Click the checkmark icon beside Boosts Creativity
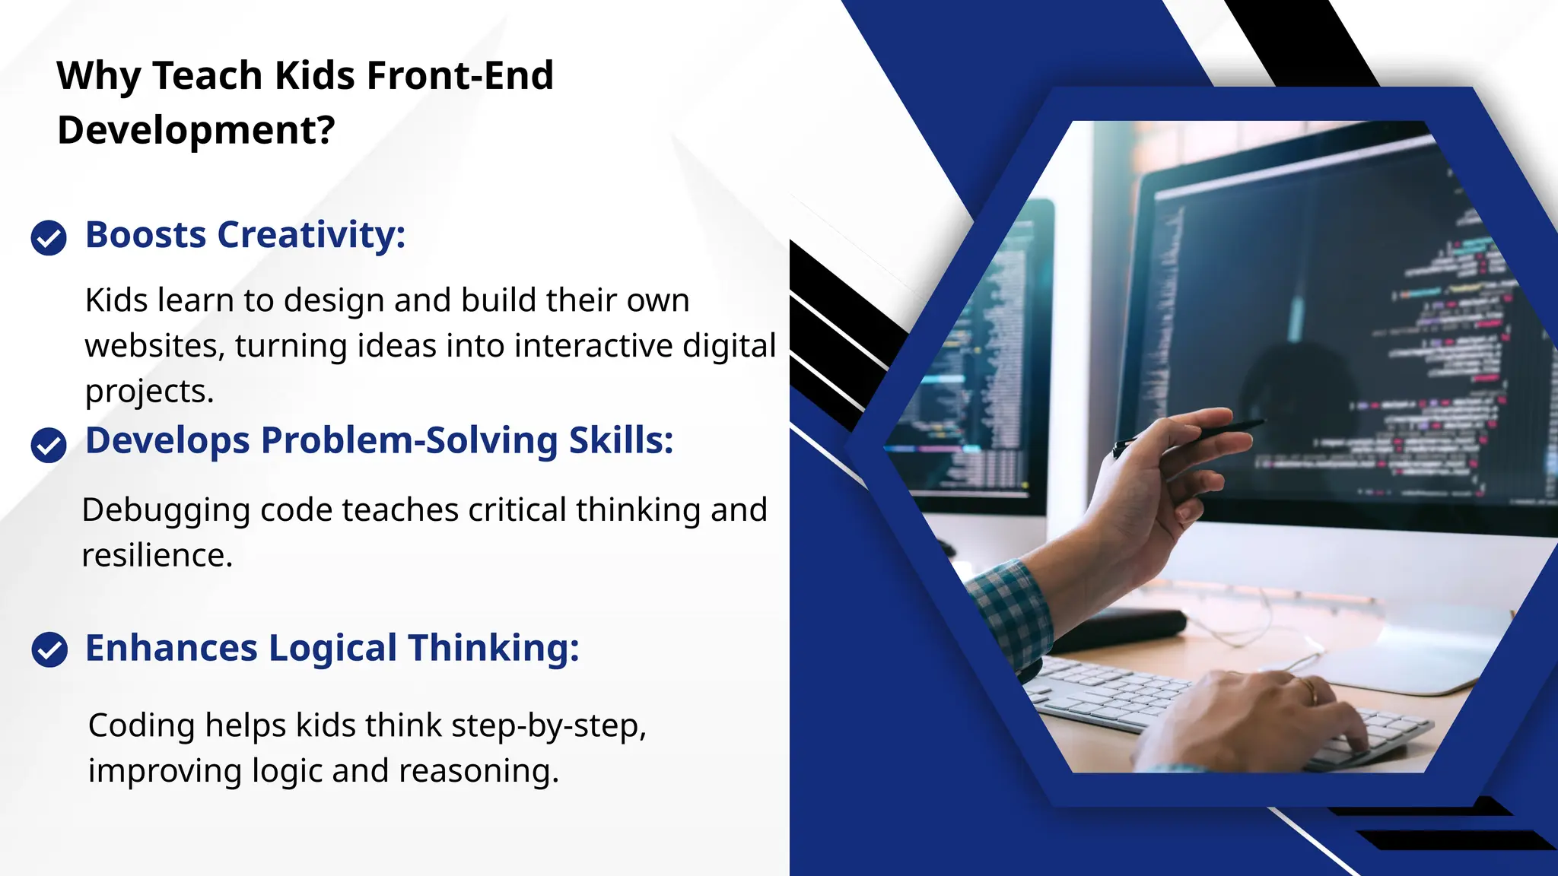coord(49,238)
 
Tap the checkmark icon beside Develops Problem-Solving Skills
coord(49,445)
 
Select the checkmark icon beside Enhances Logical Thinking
coord(49,650)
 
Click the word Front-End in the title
coord(459,76)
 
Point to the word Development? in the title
coord(196,130)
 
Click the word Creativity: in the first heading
coord(311,235)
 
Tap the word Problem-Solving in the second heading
coord(409,441)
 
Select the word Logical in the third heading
coord(332,649)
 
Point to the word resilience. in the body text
coord(157,556)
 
